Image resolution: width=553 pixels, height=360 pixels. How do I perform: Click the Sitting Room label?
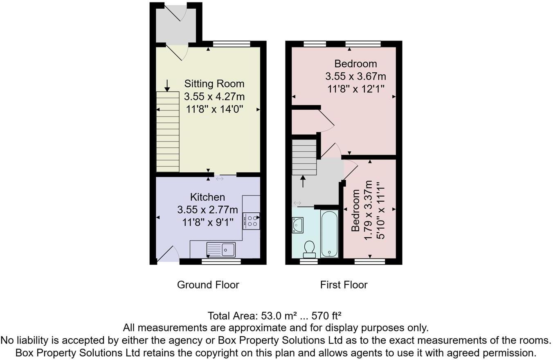coord(214,84)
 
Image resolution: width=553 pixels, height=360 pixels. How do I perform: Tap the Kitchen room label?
coord(207,197)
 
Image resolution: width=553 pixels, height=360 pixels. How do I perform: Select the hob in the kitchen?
coord(251,221)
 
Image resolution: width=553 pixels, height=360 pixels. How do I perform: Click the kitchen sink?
coord(221,249)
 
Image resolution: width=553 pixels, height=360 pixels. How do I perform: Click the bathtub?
coord(329,234)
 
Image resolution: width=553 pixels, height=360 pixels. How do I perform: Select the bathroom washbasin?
coord(297,225)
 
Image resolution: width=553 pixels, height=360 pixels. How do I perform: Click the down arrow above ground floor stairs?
coord(167,86)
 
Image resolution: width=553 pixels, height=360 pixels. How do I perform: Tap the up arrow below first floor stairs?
coord(303,181)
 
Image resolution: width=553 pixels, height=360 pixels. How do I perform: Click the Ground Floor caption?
coord(208,285)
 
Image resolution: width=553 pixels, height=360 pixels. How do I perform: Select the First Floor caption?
coord(344,285)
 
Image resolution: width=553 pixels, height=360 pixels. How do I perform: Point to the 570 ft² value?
coord(326,316)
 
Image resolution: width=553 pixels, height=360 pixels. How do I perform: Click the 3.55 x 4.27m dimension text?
coord(214,97)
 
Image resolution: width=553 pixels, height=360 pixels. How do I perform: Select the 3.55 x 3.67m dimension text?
coord(355,76)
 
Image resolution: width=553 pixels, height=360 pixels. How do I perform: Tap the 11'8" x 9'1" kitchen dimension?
coord(207,222)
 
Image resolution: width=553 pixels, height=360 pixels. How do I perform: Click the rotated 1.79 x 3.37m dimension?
coord(368,210)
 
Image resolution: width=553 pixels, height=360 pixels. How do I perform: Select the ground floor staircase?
coord(168,131)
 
